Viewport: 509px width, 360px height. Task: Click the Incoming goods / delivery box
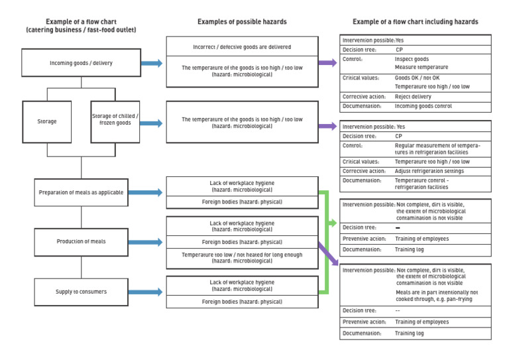coord(81,64)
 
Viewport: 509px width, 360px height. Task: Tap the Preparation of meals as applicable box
coord(81,192)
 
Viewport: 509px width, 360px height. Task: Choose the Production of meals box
coord(81,242)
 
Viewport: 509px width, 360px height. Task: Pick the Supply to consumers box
coord(81,292)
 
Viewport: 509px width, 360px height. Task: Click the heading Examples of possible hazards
coord(242,22)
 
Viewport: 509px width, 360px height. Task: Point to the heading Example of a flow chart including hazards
coord(415,22)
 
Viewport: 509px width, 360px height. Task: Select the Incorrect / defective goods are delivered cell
coord(242,47)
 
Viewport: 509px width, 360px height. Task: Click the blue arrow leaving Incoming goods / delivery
coord(150,64)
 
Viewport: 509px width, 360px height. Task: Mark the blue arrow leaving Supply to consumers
coord(150,292)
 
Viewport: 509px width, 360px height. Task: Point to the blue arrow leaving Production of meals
coord(150,243)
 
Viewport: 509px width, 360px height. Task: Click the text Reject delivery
coord(413,96)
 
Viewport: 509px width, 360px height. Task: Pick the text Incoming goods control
coord(423,106)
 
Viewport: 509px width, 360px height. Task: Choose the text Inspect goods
coord(412,59)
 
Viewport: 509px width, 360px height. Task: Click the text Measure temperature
coord(421,68)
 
